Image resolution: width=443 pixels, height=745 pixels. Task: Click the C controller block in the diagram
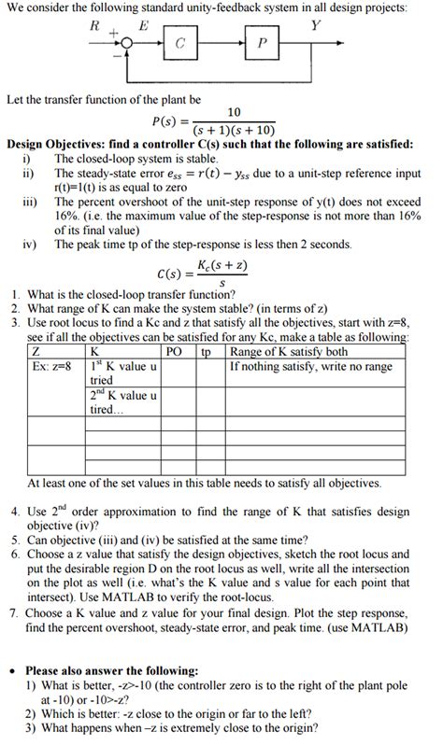[x=179, y=44]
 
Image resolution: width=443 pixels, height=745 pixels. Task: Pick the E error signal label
[x=143, y=27]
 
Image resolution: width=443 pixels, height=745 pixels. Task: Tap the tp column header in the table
[x=207, y=352]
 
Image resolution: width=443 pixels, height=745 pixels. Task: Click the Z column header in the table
[x=36, y=352]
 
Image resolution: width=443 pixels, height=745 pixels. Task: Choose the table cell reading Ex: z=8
[x=51, y=366]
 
